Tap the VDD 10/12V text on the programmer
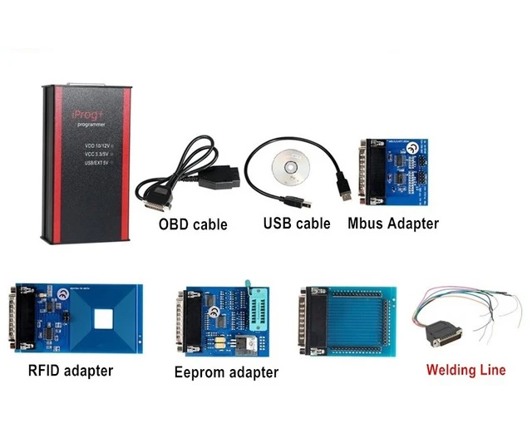tap(98, 147)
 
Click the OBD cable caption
tap(193, 224)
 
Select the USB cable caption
tap(297, 223)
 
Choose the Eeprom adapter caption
tap(226, 372)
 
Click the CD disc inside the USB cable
tap(291, 167)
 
